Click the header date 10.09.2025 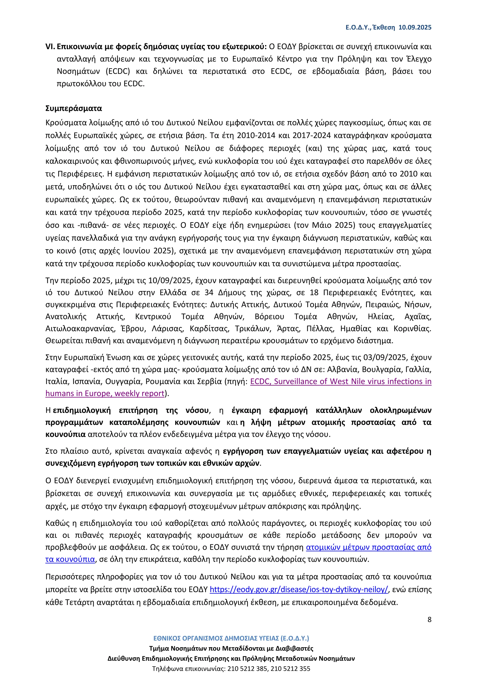click(x=415, y=28)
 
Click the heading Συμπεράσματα click(x=73, y=108)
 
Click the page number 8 click(x=429, y=619)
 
